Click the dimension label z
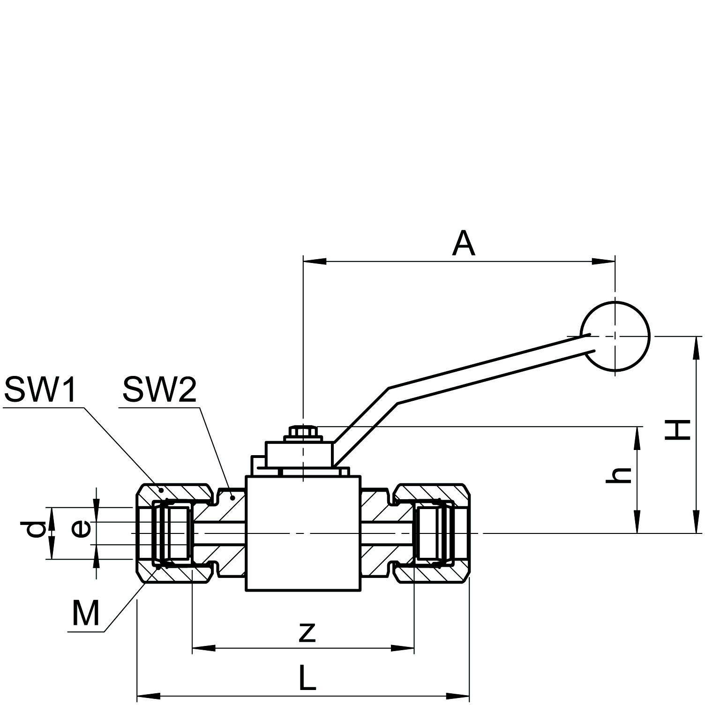click(307, 631)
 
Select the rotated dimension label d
click(35, 530)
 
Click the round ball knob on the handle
click(615, 336)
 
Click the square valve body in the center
click(303, 533)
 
